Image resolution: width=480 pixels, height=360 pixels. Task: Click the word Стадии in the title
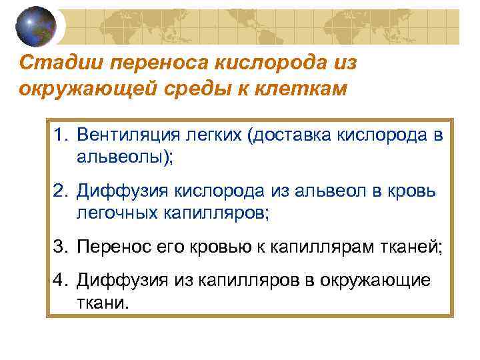[x=50, y=63]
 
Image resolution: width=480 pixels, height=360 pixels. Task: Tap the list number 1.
[x=61, y=135]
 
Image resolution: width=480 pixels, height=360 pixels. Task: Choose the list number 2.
[x=61, y=191]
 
